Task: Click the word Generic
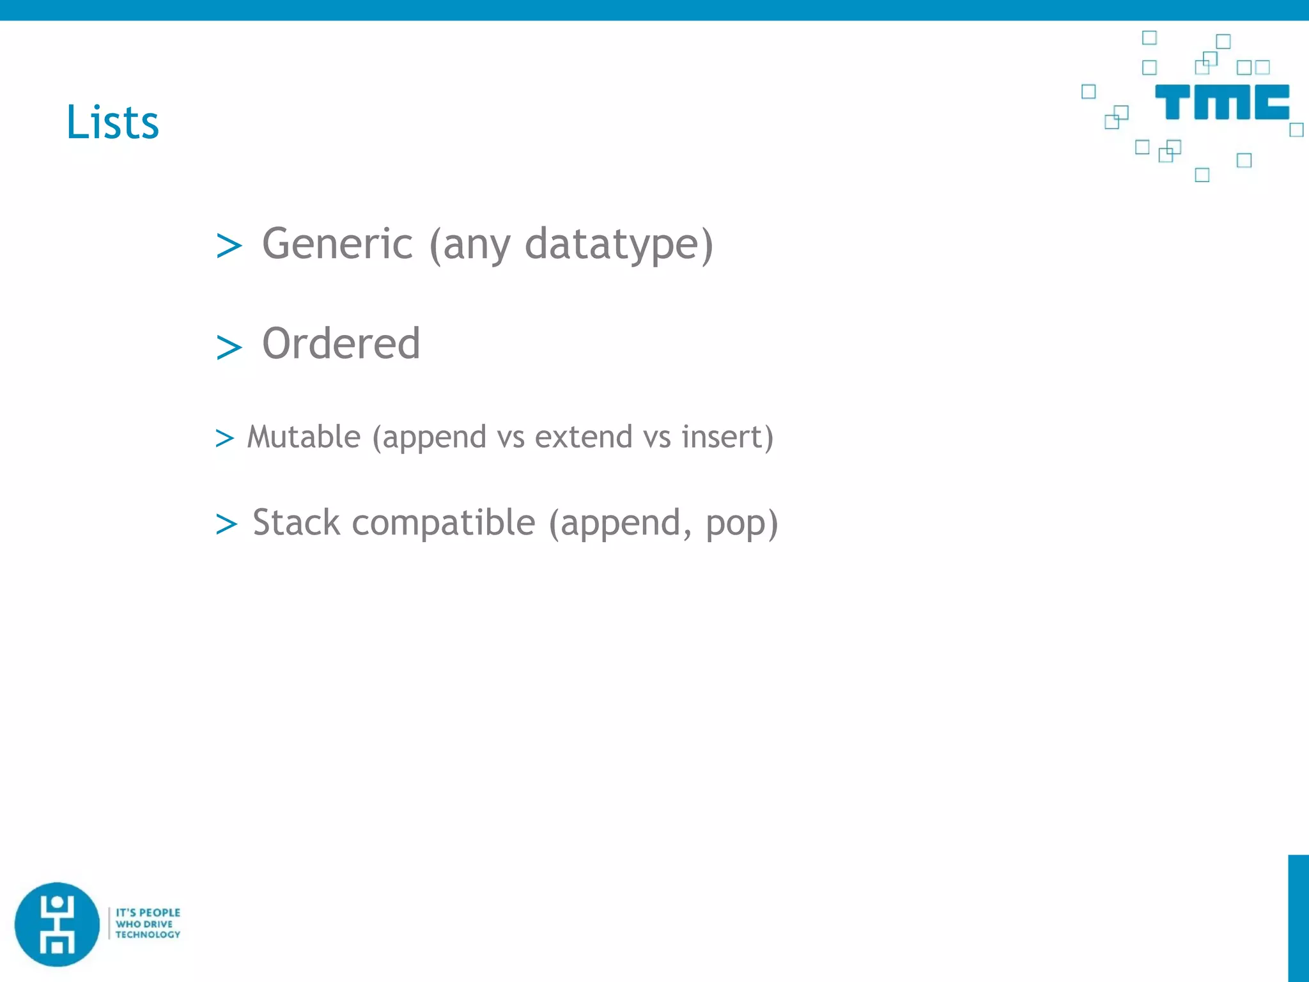coord(337,244)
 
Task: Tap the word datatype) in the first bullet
coord(619,244)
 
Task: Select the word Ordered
coord(341,344)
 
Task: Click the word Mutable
coord(304,437)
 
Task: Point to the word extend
coord(584,437)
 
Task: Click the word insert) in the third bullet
coord(727,437)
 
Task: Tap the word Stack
coord(296,522)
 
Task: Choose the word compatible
coord(444,524)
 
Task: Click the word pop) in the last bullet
coord(742,524)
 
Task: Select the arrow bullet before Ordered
coord(229,348)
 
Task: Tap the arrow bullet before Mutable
coord(224,439)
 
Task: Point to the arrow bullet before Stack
coord(226,524)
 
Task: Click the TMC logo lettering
coord(1221,102)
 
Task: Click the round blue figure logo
coord(58,924)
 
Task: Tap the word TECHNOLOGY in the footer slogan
coord(148,935)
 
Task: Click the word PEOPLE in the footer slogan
coord(160,912)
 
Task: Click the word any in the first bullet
coord(476,245)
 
